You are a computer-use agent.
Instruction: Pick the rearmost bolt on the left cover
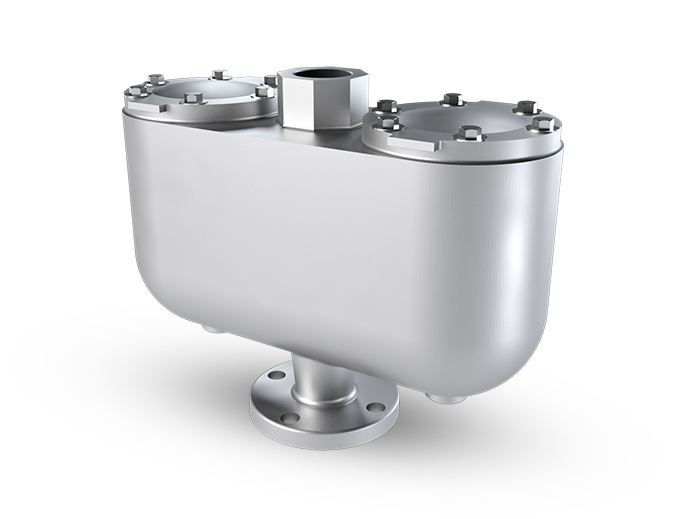pyautogui.click(x=221, y=75)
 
